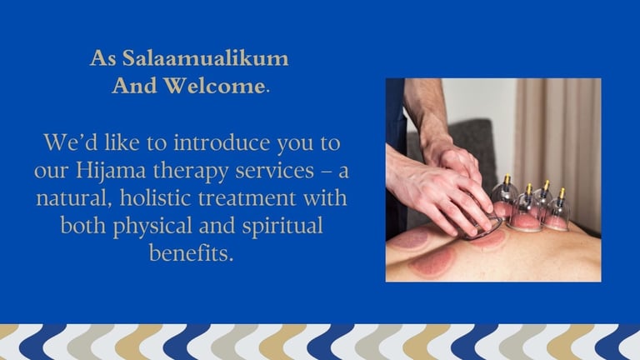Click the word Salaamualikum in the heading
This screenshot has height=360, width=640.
205,58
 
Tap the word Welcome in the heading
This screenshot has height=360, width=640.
214,86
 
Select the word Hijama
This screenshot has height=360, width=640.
111,172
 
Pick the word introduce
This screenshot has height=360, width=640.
222,142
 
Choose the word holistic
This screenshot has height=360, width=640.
156,198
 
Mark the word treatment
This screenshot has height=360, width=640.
247,199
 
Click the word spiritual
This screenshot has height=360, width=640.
282,227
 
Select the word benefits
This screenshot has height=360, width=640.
191,253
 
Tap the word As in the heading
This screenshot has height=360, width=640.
103,58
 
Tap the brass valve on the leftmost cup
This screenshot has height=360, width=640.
507,179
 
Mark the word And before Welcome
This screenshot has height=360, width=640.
135,86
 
